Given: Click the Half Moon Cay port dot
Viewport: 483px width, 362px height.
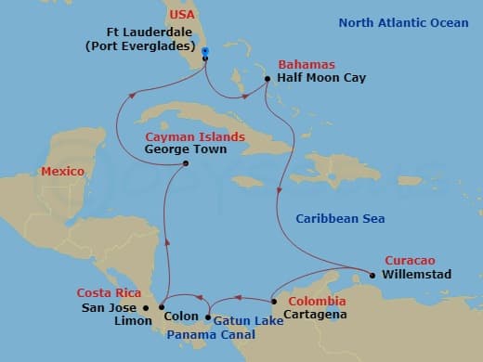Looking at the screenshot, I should coord(268,80).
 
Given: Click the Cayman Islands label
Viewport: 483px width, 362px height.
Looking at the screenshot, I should coord(195,136).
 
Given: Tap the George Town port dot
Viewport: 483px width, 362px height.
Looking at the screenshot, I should coord(187,164).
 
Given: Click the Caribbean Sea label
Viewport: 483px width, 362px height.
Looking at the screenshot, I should coord(340,218).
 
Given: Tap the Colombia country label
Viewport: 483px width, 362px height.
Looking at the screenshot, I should coord(317,302).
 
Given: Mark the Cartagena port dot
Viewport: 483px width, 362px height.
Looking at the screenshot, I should coord(272,302).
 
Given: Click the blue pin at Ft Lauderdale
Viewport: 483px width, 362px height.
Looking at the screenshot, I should coord(204,51).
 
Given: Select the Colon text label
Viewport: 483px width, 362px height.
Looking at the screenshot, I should coord(180,316).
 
